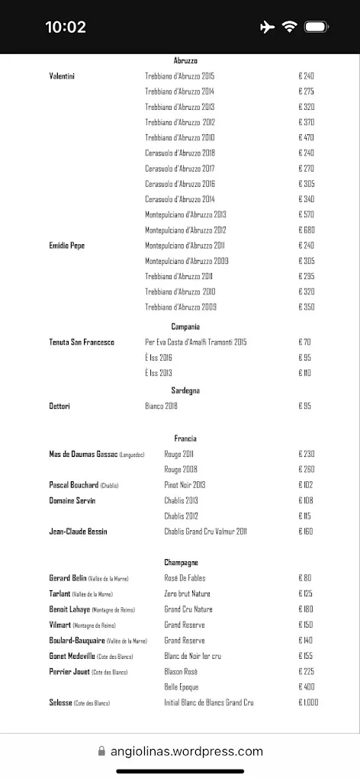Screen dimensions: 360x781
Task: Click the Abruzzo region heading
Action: (185, 60)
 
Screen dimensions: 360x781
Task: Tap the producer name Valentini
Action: (62, 76)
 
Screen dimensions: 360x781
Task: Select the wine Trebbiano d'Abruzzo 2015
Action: (180, 76)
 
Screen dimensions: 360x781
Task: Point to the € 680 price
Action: (307, 230)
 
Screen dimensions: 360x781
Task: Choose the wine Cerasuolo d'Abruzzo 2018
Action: (180, 153)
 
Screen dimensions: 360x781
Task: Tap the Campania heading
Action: (185, 326)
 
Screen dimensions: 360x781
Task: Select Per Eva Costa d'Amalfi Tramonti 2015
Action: (196, 342)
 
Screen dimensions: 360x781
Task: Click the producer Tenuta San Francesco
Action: (82, 342)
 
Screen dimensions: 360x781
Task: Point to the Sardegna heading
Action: (185, 390)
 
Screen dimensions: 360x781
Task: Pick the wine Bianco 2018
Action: (161, 407)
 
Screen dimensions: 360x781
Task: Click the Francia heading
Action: (185, 439)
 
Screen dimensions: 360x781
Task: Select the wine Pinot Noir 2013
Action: (185, 485)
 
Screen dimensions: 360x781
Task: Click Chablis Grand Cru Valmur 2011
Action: (205, 532)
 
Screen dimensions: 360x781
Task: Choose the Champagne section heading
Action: (182, 562)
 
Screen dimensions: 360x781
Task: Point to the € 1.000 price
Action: (308, 702)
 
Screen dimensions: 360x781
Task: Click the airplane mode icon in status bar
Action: (266, 27)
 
